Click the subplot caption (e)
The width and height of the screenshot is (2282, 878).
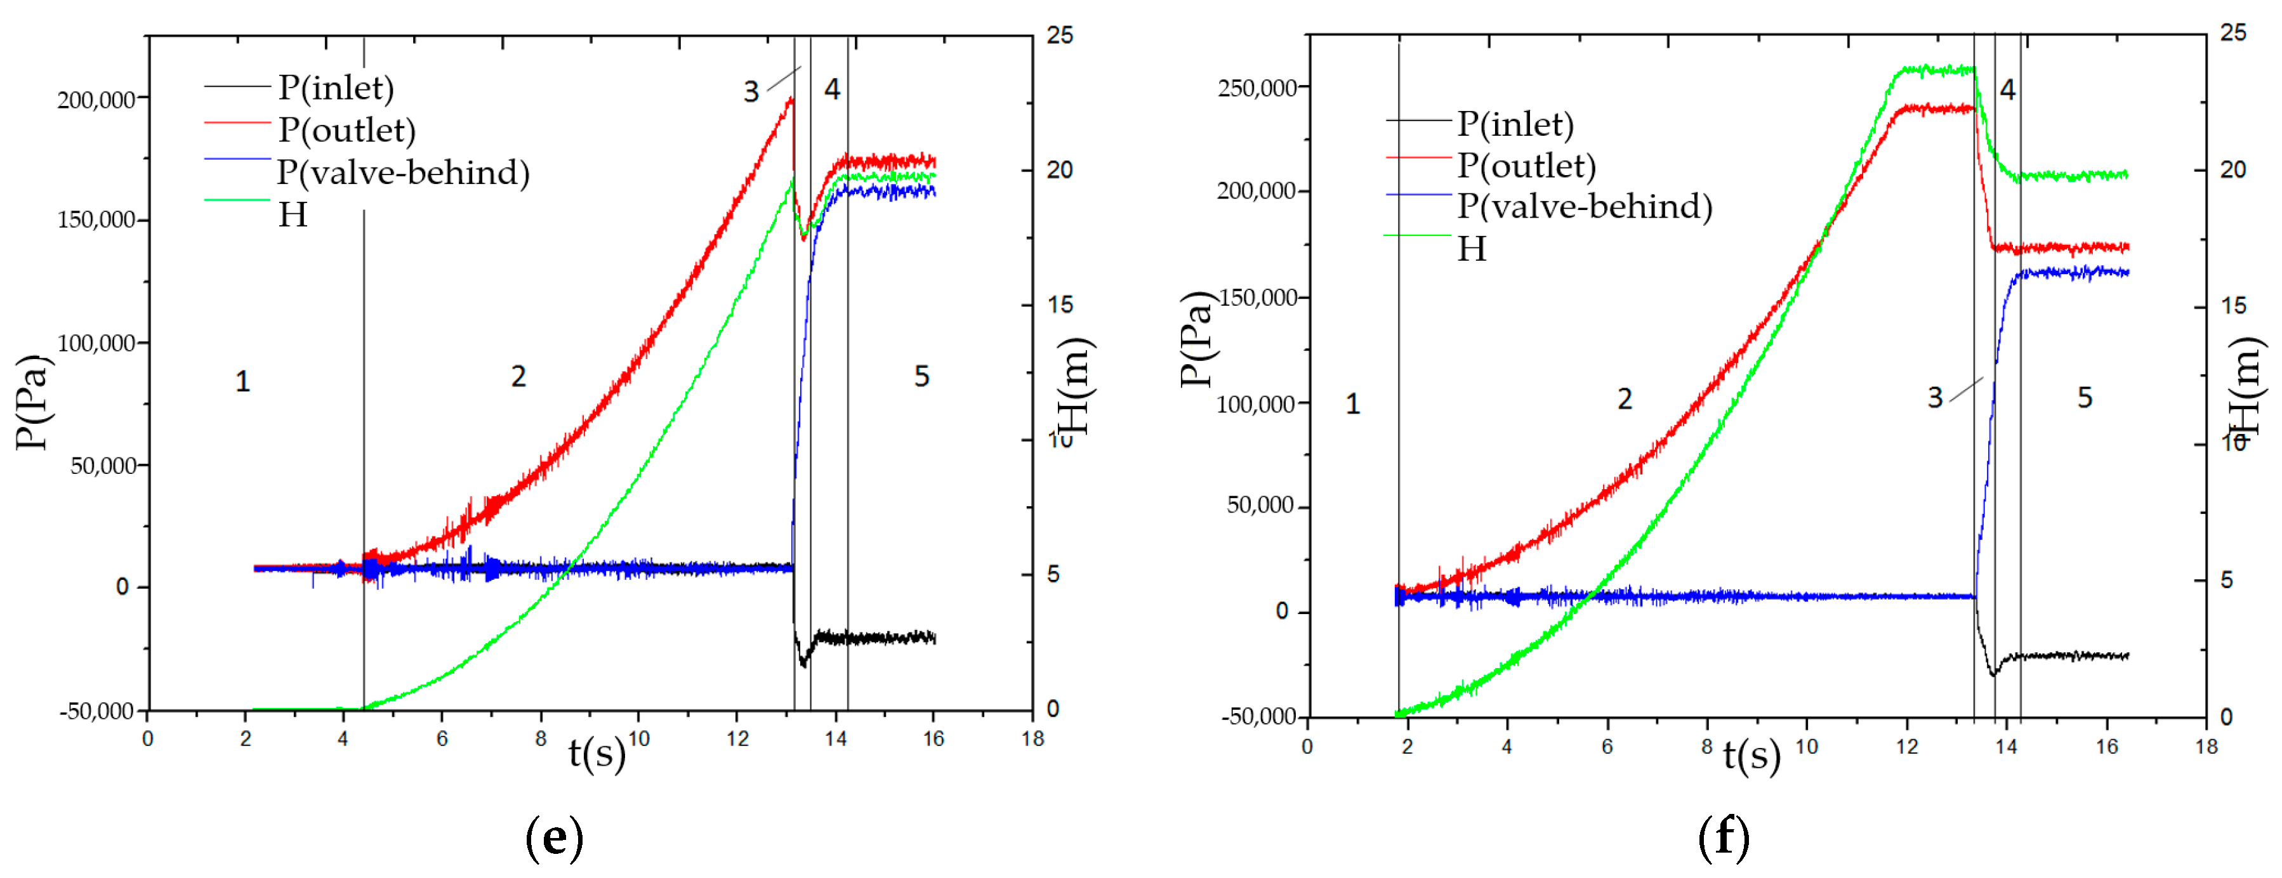(555, 836)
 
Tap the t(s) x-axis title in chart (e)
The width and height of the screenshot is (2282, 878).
(596, 753)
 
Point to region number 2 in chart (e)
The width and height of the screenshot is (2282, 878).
(518, 377)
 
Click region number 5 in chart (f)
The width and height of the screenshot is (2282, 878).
(2085, 398)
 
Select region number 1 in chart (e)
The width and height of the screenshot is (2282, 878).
(242, 382)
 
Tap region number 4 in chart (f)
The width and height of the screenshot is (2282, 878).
(2007, 89)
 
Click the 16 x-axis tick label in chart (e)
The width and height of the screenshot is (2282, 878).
(933, 739)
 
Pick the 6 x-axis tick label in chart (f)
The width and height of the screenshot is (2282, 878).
(1607, 747)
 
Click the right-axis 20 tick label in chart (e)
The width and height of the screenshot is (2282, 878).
(1060, 170)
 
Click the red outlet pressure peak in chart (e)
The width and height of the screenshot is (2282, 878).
(790, 99)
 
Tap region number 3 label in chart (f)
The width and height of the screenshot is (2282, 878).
(1935, 398)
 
